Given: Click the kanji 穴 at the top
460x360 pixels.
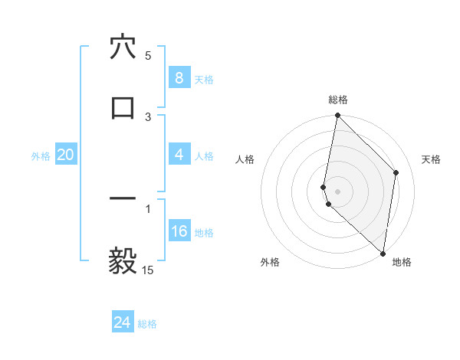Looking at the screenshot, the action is [123, 47].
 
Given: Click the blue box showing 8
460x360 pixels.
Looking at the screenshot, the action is [179, 77].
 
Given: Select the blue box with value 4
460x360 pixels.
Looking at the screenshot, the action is [179, 155].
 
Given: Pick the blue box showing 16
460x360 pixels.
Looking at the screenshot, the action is [179, 232].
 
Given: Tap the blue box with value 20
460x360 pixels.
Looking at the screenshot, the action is [65, 155].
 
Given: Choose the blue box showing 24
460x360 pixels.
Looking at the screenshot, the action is [122, 322].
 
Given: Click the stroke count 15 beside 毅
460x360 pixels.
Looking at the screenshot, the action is [148, 270].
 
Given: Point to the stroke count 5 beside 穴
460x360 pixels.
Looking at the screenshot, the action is [148, 56].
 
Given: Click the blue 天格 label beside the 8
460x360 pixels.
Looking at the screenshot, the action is [204, 79].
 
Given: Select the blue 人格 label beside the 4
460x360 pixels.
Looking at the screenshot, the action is [204, 156].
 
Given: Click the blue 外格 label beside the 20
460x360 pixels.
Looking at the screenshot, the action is [41, 156].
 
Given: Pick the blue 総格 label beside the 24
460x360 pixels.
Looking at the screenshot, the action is [147, 324].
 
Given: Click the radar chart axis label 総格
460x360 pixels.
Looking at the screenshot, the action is [338, 100].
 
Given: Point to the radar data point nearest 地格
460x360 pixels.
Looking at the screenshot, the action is [383, 253].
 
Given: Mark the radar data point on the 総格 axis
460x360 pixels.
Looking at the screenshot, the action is [337, 116].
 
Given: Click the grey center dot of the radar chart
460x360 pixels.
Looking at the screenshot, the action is [337, 191].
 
